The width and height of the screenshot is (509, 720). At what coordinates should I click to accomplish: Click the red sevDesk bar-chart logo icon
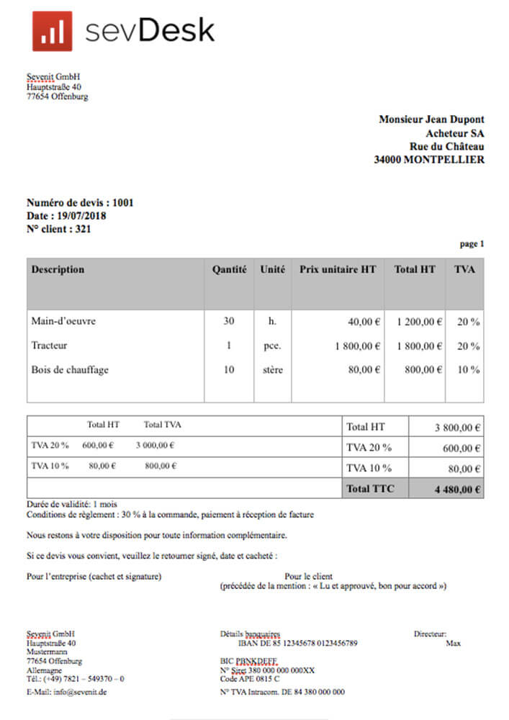52,31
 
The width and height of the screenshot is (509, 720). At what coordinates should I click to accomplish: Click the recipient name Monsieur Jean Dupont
431,120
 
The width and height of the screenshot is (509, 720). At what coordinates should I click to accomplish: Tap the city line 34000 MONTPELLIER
429,160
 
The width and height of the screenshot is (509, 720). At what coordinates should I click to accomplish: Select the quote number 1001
123,203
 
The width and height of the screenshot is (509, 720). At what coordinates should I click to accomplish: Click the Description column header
58,270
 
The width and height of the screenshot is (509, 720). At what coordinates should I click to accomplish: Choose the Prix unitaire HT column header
338,270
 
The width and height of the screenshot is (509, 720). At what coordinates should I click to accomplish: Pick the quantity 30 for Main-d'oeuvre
229,321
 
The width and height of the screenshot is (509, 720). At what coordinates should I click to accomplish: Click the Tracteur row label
49,346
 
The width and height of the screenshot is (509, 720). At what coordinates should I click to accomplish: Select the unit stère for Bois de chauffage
272,370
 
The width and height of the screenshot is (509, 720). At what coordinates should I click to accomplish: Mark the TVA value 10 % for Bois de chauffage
469,370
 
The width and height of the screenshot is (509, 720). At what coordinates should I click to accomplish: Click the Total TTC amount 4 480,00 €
457,490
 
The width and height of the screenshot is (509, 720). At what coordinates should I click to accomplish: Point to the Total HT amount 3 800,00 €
457,428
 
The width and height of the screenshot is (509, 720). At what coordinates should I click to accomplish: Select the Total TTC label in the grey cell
370,490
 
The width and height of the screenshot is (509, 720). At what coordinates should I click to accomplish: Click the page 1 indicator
472,244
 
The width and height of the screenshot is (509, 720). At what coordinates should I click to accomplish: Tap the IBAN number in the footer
297,643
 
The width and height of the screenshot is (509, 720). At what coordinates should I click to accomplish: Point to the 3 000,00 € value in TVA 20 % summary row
155,446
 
